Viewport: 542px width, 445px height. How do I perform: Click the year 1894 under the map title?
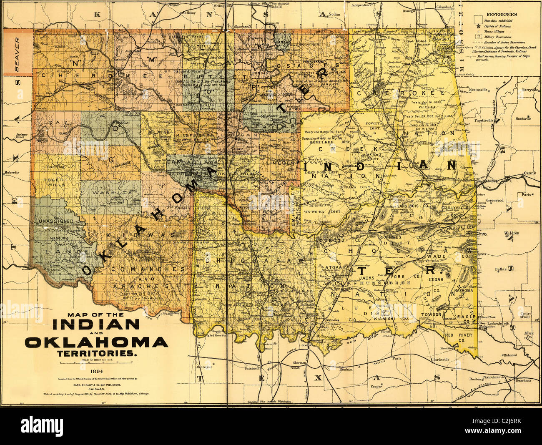coord(96,370)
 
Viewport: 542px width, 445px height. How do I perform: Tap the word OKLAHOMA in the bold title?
coord(96,342)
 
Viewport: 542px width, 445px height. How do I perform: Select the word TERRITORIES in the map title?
coord(96,353)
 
